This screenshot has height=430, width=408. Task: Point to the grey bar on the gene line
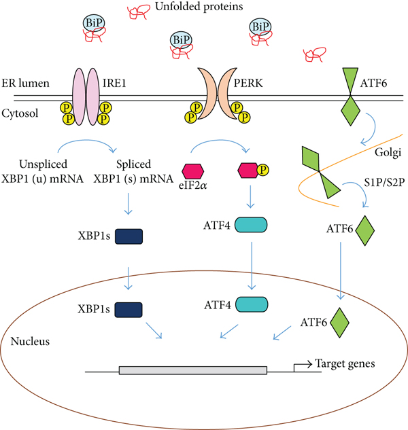click(192, 371)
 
